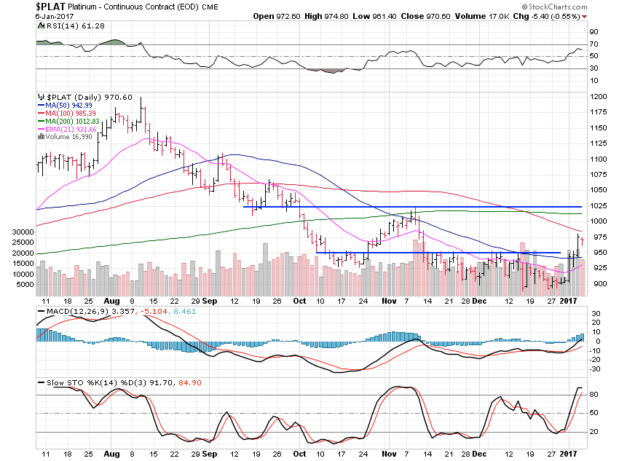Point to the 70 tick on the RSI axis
pos(594,45)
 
